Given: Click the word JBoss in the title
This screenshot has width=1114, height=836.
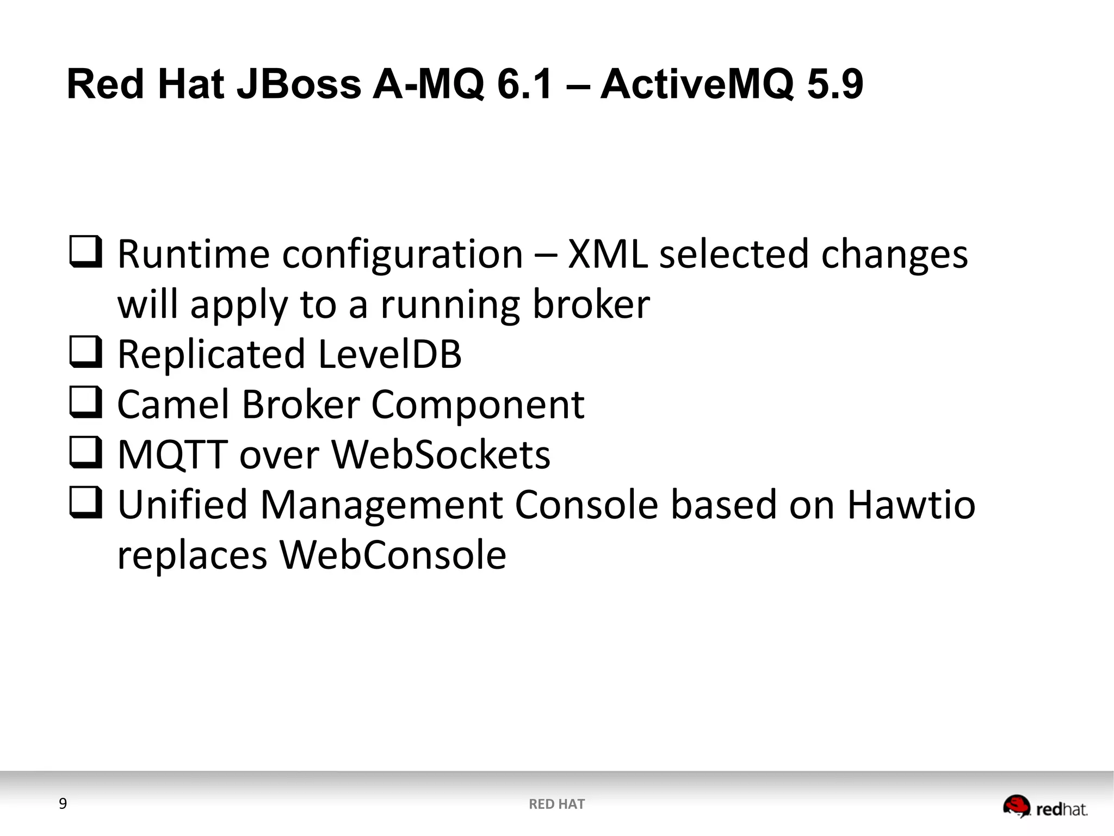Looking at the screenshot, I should (299, 84).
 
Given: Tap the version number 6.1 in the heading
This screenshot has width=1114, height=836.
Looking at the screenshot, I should (525, 84).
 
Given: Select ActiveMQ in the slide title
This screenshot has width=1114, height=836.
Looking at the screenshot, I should (697, 84).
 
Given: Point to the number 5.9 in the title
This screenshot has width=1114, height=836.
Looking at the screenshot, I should (835, 84).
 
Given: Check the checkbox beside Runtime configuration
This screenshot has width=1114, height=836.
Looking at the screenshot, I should (85, 251).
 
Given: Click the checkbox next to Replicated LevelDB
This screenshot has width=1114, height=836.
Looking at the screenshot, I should (85, 352).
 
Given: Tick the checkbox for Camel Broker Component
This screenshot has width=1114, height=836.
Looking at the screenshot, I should (85, 402).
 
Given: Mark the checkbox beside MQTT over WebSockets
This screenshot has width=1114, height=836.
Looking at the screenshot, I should (85, 452).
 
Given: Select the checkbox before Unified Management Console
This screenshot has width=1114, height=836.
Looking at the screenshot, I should (85, 502).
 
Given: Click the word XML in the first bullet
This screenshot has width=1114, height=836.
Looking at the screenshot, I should (608, 254).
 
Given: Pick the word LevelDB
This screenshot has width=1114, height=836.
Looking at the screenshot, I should (389, 354).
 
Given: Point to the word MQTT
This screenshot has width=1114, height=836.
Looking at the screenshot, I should (172, 455).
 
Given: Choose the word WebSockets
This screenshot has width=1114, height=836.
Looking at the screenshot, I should (441, 454).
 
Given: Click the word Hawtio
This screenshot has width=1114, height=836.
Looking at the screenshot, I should (911, 505).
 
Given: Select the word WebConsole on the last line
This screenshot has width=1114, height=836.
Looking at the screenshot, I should (393, 555).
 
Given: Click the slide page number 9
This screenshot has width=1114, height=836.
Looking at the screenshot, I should (63, 804).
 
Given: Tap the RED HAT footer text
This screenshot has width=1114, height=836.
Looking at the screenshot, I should (556, 804).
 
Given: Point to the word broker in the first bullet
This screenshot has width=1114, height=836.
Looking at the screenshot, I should (591, 304).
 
